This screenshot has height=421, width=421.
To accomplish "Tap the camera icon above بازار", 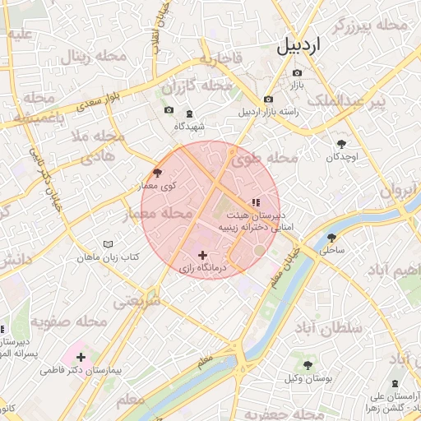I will pyautogui.click(x=297, y=73).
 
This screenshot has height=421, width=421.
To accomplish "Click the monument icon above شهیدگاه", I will pyautogui.click(x=190, y=113).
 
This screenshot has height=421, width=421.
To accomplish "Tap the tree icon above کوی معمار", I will pyautogui.click(x=157, y=173).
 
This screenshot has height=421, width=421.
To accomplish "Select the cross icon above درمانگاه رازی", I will pyautogui.click(x=203, y=256).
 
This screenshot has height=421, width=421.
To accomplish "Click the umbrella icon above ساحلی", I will pyautogui.click(x=331, y=237).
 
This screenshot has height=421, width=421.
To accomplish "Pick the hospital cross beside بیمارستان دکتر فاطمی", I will pyautogui.click(x=81, y=357).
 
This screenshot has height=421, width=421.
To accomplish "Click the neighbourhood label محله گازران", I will pyautogui.click(x=197, y=86).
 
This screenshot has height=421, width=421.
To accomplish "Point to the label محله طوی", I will pyautogui.click(x=272, y=158).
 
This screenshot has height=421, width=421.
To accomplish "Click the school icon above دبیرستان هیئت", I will pyautogui.click(x=256, y=201).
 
